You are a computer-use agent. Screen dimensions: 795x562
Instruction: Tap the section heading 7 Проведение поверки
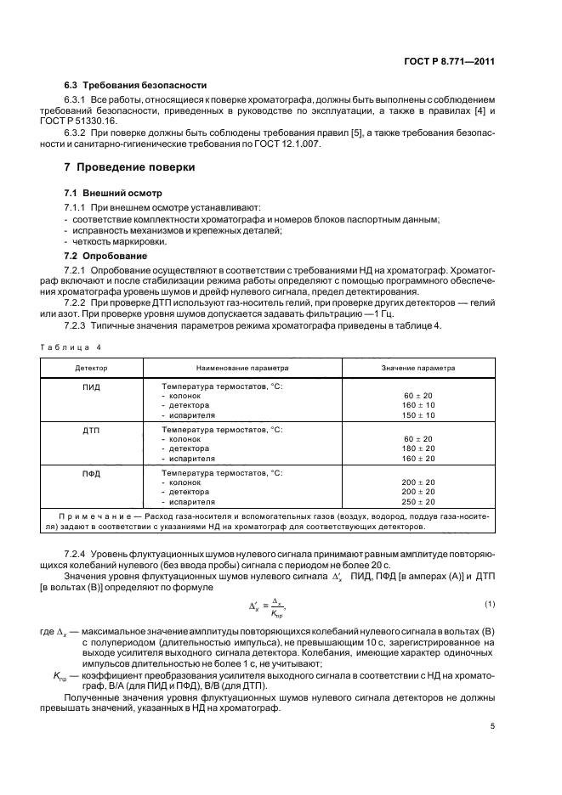[x=130, y=168]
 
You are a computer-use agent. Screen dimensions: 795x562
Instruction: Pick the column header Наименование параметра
[x=242, y=369]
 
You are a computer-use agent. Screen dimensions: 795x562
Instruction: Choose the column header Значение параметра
[x=417, y=369]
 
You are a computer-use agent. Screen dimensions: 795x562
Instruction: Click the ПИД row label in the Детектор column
[x=92, y=386]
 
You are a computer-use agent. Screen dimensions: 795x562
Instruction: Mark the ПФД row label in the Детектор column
[x=92, y=472]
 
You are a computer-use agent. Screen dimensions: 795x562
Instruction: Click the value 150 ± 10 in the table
[x=417, y=415]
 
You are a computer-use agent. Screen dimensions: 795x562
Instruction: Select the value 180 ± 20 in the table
[x=417, y=448]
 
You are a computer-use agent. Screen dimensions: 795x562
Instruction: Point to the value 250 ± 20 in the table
[x=417, y=501]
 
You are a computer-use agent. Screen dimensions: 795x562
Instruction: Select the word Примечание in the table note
[x=86, y=516]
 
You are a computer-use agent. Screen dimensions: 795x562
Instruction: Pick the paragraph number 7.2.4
[x=78, y=554]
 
